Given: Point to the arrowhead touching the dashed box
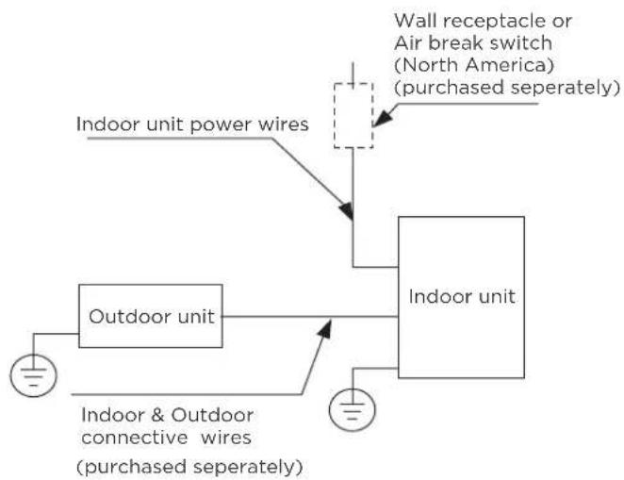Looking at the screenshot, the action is [382, 117].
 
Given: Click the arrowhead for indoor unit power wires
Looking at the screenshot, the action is [346, 211].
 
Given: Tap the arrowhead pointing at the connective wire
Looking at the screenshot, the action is [325, 329].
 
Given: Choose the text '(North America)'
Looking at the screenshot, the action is [474, 65].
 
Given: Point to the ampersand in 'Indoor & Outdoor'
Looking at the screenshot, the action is [157, 415].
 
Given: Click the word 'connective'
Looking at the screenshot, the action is [135, 439].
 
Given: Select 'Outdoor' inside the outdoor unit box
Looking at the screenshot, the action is [130, 317].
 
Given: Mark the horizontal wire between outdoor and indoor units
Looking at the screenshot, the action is [310, 317].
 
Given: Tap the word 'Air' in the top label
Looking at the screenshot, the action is [407, 43].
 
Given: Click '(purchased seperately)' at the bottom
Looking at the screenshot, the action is [189, 467].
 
